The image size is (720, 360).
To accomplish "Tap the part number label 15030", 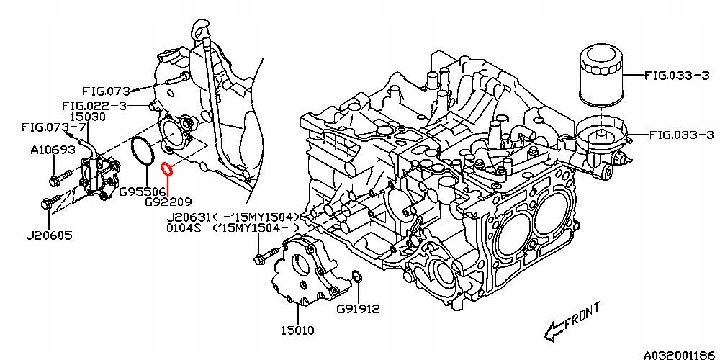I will (88, 116).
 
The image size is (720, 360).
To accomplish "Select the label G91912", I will (358, 310).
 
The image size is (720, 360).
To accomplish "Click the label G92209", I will (168, 202).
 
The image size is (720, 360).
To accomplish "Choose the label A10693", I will (53, 150).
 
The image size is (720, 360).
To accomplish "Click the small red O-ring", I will (168, 169).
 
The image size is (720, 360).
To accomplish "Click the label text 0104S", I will (185, 228).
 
